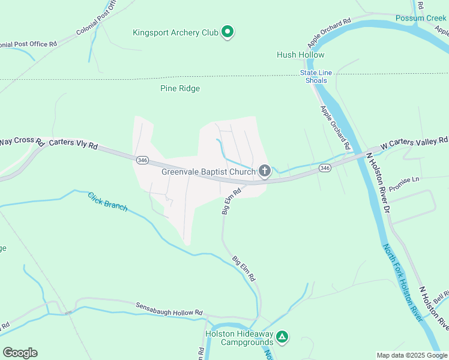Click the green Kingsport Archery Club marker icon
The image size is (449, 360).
(x=227, y=32)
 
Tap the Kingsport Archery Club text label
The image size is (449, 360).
(x=175, y=32)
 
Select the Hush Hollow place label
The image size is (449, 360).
(x=300, y=55)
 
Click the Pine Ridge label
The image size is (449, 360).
(x=180, y=88)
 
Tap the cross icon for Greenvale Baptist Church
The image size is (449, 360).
(x=264, y=172)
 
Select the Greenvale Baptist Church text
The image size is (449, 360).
(x=208, y=172)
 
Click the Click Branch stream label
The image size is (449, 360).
(x=107, y=201)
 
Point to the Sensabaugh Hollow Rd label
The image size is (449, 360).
(x=169, y=309)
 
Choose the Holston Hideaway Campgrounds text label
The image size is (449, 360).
(x=239, y=338)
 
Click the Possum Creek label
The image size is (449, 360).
(x=421, y=18)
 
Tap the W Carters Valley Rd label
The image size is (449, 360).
(x=414, y=143)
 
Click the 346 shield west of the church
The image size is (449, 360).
(x=142, y=160)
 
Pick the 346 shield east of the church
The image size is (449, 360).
(x=325, y=168)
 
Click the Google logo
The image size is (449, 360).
(x=20, y=353)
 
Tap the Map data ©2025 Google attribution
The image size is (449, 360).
(x=412, y=355)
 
